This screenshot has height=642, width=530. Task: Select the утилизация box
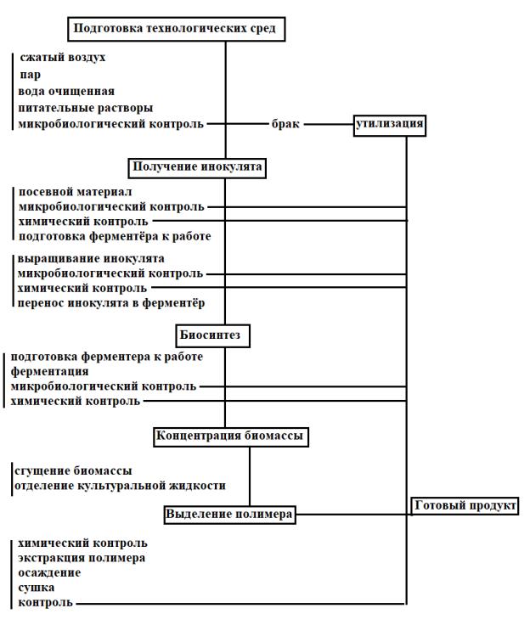(390, 125)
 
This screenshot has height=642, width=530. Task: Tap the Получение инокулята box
(197, 166)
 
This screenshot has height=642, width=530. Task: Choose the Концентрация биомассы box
(229, 436)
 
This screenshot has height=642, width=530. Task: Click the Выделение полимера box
(228, 515)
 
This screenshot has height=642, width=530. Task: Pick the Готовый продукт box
(465, 506)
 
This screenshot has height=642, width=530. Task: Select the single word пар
(30, 75)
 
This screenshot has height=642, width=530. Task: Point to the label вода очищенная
(66, 91)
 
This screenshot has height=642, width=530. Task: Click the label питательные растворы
(86, 107)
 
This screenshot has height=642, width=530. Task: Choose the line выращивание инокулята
(91, 258)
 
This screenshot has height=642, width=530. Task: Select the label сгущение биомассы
(73, 470)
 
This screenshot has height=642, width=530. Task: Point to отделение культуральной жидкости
(119, 486)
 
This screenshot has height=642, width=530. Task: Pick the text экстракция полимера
(81, 558)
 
